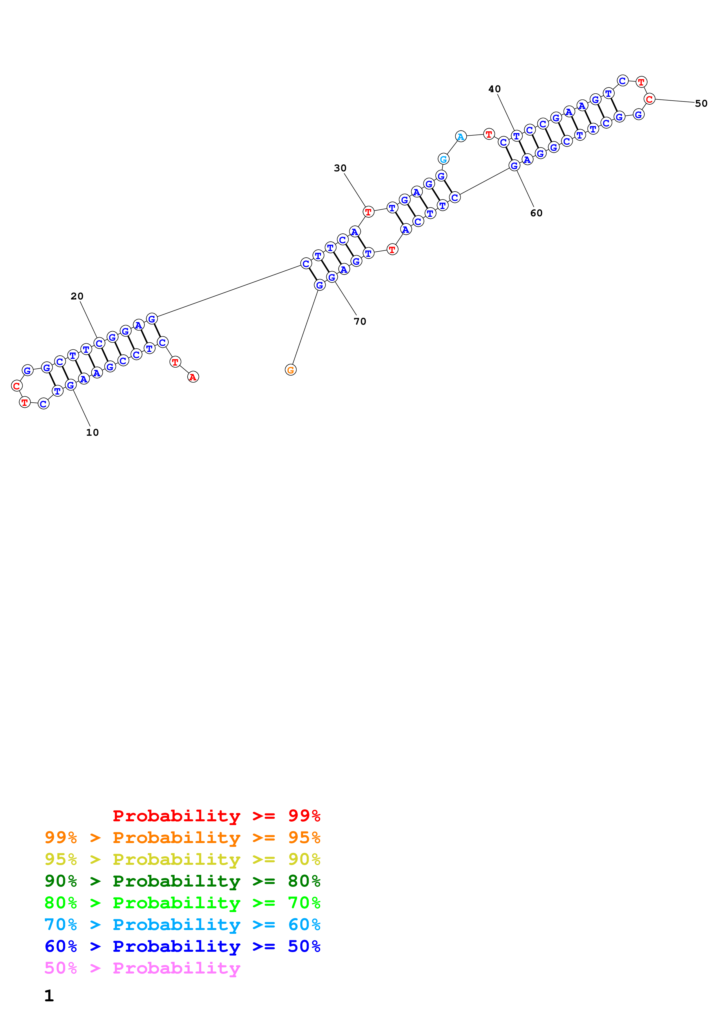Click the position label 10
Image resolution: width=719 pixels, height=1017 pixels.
[92, 432]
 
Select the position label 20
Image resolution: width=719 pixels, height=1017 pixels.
[77, 296]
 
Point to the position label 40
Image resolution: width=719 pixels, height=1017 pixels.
[495, 89]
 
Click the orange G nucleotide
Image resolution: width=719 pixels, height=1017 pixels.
[291, 370]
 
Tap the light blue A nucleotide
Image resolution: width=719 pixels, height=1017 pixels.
[461, 137]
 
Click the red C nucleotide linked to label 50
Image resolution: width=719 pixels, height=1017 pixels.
[649, 99]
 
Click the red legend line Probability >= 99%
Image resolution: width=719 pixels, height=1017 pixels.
[216, 816]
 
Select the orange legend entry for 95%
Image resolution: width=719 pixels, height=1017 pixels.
[182, 838]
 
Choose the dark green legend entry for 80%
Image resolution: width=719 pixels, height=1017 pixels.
[182, 881]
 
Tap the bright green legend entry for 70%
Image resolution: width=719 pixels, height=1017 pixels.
[182, 903]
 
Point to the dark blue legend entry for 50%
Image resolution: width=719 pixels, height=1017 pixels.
[182, 946]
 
